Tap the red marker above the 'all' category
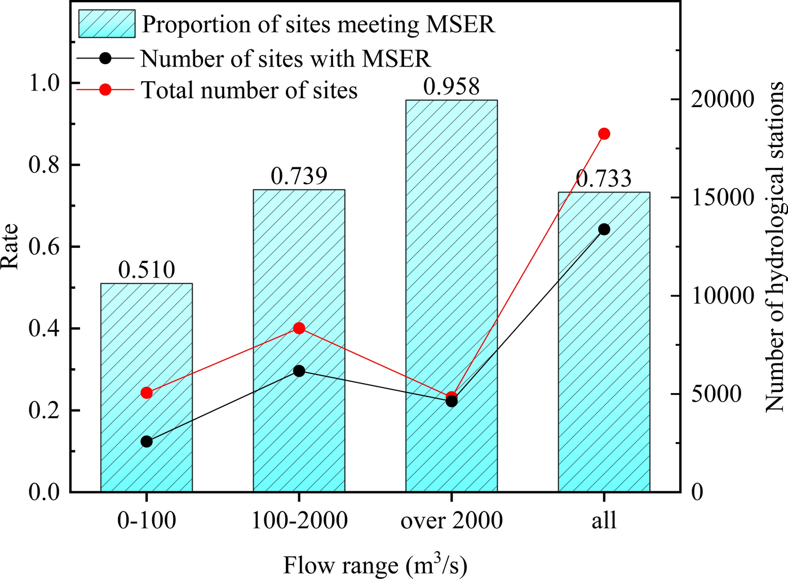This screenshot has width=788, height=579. coord(604,133)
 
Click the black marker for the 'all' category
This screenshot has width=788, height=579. coord(604,229)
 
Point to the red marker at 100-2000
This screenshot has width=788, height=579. coord(299,328)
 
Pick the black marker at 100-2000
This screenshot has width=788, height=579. coord(299,371)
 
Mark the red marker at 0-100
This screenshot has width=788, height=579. coord(147,393)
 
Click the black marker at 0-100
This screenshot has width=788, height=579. coord(147,442)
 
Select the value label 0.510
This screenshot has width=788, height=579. coord(147,270)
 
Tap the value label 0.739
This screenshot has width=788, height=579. coord(299,176)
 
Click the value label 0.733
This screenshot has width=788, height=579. coord(604,179)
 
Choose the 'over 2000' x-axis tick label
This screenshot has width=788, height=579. coord(451,520)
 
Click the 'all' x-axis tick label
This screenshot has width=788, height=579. coord(604,520)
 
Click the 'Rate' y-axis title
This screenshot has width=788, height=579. coord(10,247)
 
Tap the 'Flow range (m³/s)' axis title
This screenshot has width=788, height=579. coord(375,565)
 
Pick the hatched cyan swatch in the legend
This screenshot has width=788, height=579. coord(107,24)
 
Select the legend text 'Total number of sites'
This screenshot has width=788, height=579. coord(249,90)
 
